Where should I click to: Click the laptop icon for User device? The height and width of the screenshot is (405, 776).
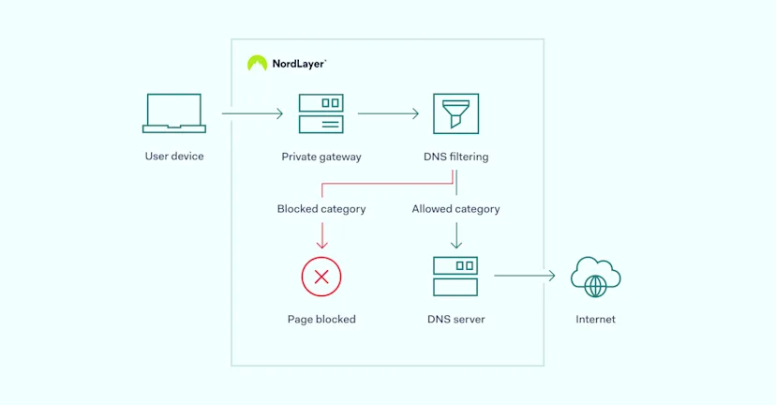173,113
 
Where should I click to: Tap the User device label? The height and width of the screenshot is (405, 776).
173,157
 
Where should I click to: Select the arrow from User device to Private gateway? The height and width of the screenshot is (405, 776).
252,114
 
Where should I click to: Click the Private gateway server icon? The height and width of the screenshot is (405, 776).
321,113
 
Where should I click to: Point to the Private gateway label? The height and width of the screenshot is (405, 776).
321,157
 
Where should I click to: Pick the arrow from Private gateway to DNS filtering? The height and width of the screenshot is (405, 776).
388,114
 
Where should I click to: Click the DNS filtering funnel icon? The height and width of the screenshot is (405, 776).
455,113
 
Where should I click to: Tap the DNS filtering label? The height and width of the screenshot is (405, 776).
455,157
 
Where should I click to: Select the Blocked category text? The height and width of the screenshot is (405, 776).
321,209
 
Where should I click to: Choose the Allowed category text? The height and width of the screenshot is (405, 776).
455,209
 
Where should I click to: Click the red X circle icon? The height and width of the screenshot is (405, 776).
321,277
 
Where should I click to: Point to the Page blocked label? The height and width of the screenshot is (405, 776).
321,320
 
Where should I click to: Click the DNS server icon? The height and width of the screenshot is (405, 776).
455,277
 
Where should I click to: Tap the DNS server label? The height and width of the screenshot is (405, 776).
455,320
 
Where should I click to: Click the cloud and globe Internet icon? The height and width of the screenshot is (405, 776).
596,277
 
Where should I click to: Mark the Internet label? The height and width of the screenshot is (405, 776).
596,320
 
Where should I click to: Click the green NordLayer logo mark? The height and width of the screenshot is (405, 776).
257,64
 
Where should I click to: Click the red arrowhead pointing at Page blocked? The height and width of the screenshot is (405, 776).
321,246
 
